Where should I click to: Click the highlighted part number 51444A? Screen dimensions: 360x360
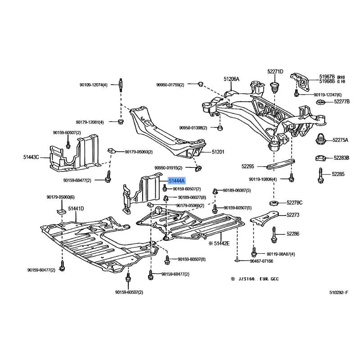pyautogui.click(x=176, y=181)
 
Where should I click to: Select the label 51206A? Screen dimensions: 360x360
pyautogui.click(x=231, y=79)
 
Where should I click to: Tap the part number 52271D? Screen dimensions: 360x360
pyautogui.click(x=275, y=72)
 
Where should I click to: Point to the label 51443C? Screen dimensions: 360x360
pyautogui.click(x=31, y=157)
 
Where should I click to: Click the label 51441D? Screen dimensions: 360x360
pyautogui.click(x=76, y=209)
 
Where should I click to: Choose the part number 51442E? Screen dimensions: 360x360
pyautogui.click(x=222, y=243)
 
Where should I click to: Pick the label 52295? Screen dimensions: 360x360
pyautogui.click(x=248, y=166)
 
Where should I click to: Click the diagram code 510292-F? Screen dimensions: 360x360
pyautogui.click(x=339, y=292)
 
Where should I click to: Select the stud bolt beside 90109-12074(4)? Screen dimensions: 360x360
pyautogui.click(x=120, y=85)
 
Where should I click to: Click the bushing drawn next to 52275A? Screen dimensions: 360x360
pyautogui.click(x=321, y=139)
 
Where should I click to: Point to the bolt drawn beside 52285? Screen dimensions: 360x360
pyautogui.click(x=320, y=175)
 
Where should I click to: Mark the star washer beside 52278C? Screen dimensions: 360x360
pyautogui.click(x=274, y=203)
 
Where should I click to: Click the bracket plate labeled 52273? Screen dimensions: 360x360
pyautogui.click(x=264, y=217)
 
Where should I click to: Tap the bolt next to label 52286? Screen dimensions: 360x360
pyautogui.click(x=274, y=234)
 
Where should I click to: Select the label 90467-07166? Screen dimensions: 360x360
pyautogui.click(x=261, y=261)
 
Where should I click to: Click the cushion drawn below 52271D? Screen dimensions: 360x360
pyautogui.click(x=274, y=87)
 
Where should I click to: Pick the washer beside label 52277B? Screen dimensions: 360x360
pyautogui.click(x=321, y=102)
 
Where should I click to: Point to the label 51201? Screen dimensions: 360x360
pyautogui.click(x=218, y=152)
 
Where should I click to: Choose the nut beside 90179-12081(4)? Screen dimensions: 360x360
pyautogui.click(x=121, y=121)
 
